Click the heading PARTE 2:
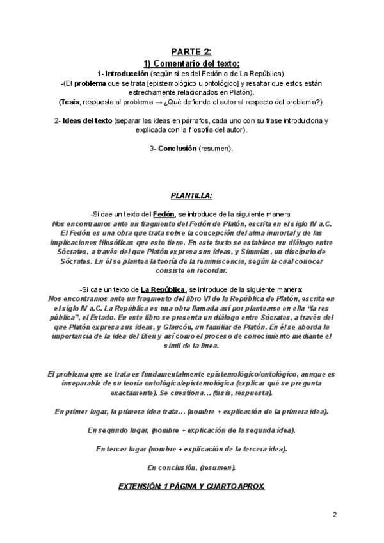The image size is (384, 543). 191,52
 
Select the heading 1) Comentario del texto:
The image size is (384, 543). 191,63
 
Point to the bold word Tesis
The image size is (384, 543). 70,102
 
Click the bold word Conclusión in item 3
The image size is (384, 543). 177,149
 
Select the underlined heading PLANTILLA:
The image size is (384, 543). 191,194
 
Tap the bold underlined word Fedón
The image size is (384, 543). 164,213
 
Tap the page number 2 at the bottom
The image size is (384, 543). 335,514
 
